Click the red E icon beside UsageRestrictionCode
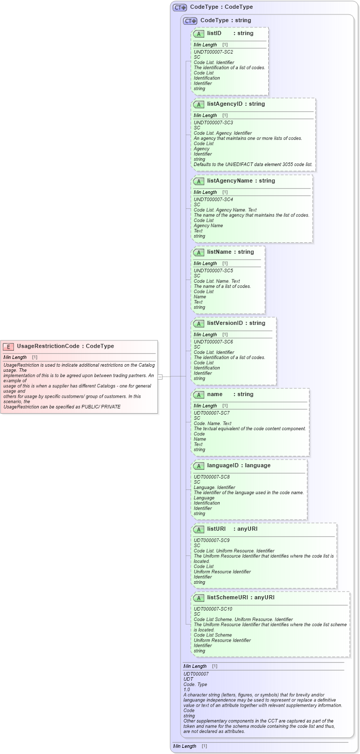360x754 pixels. [9, 347]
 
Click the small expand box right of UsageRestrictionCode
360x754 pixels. [160, 376]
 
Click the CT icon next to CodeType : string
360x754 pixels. [190, 21]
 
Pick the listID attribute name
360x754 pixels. [214, 33]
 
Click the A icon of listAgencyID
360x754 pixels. [199, 104]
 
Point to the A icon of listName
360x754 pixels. [199, 252]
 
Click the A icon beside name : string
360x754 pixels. [199, 395]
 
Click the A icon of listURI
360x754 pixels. [199, 529]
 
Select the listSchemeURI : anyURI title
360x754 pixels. [240, 597]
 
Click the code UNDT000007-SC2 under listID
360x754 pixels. [213, 52]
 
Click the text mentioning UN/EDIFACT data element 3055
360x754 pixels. [253, 164]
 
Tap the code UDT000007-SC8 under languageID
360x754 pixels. [211, 477]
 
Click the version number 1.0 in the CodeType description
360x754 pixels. [187, 690]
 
